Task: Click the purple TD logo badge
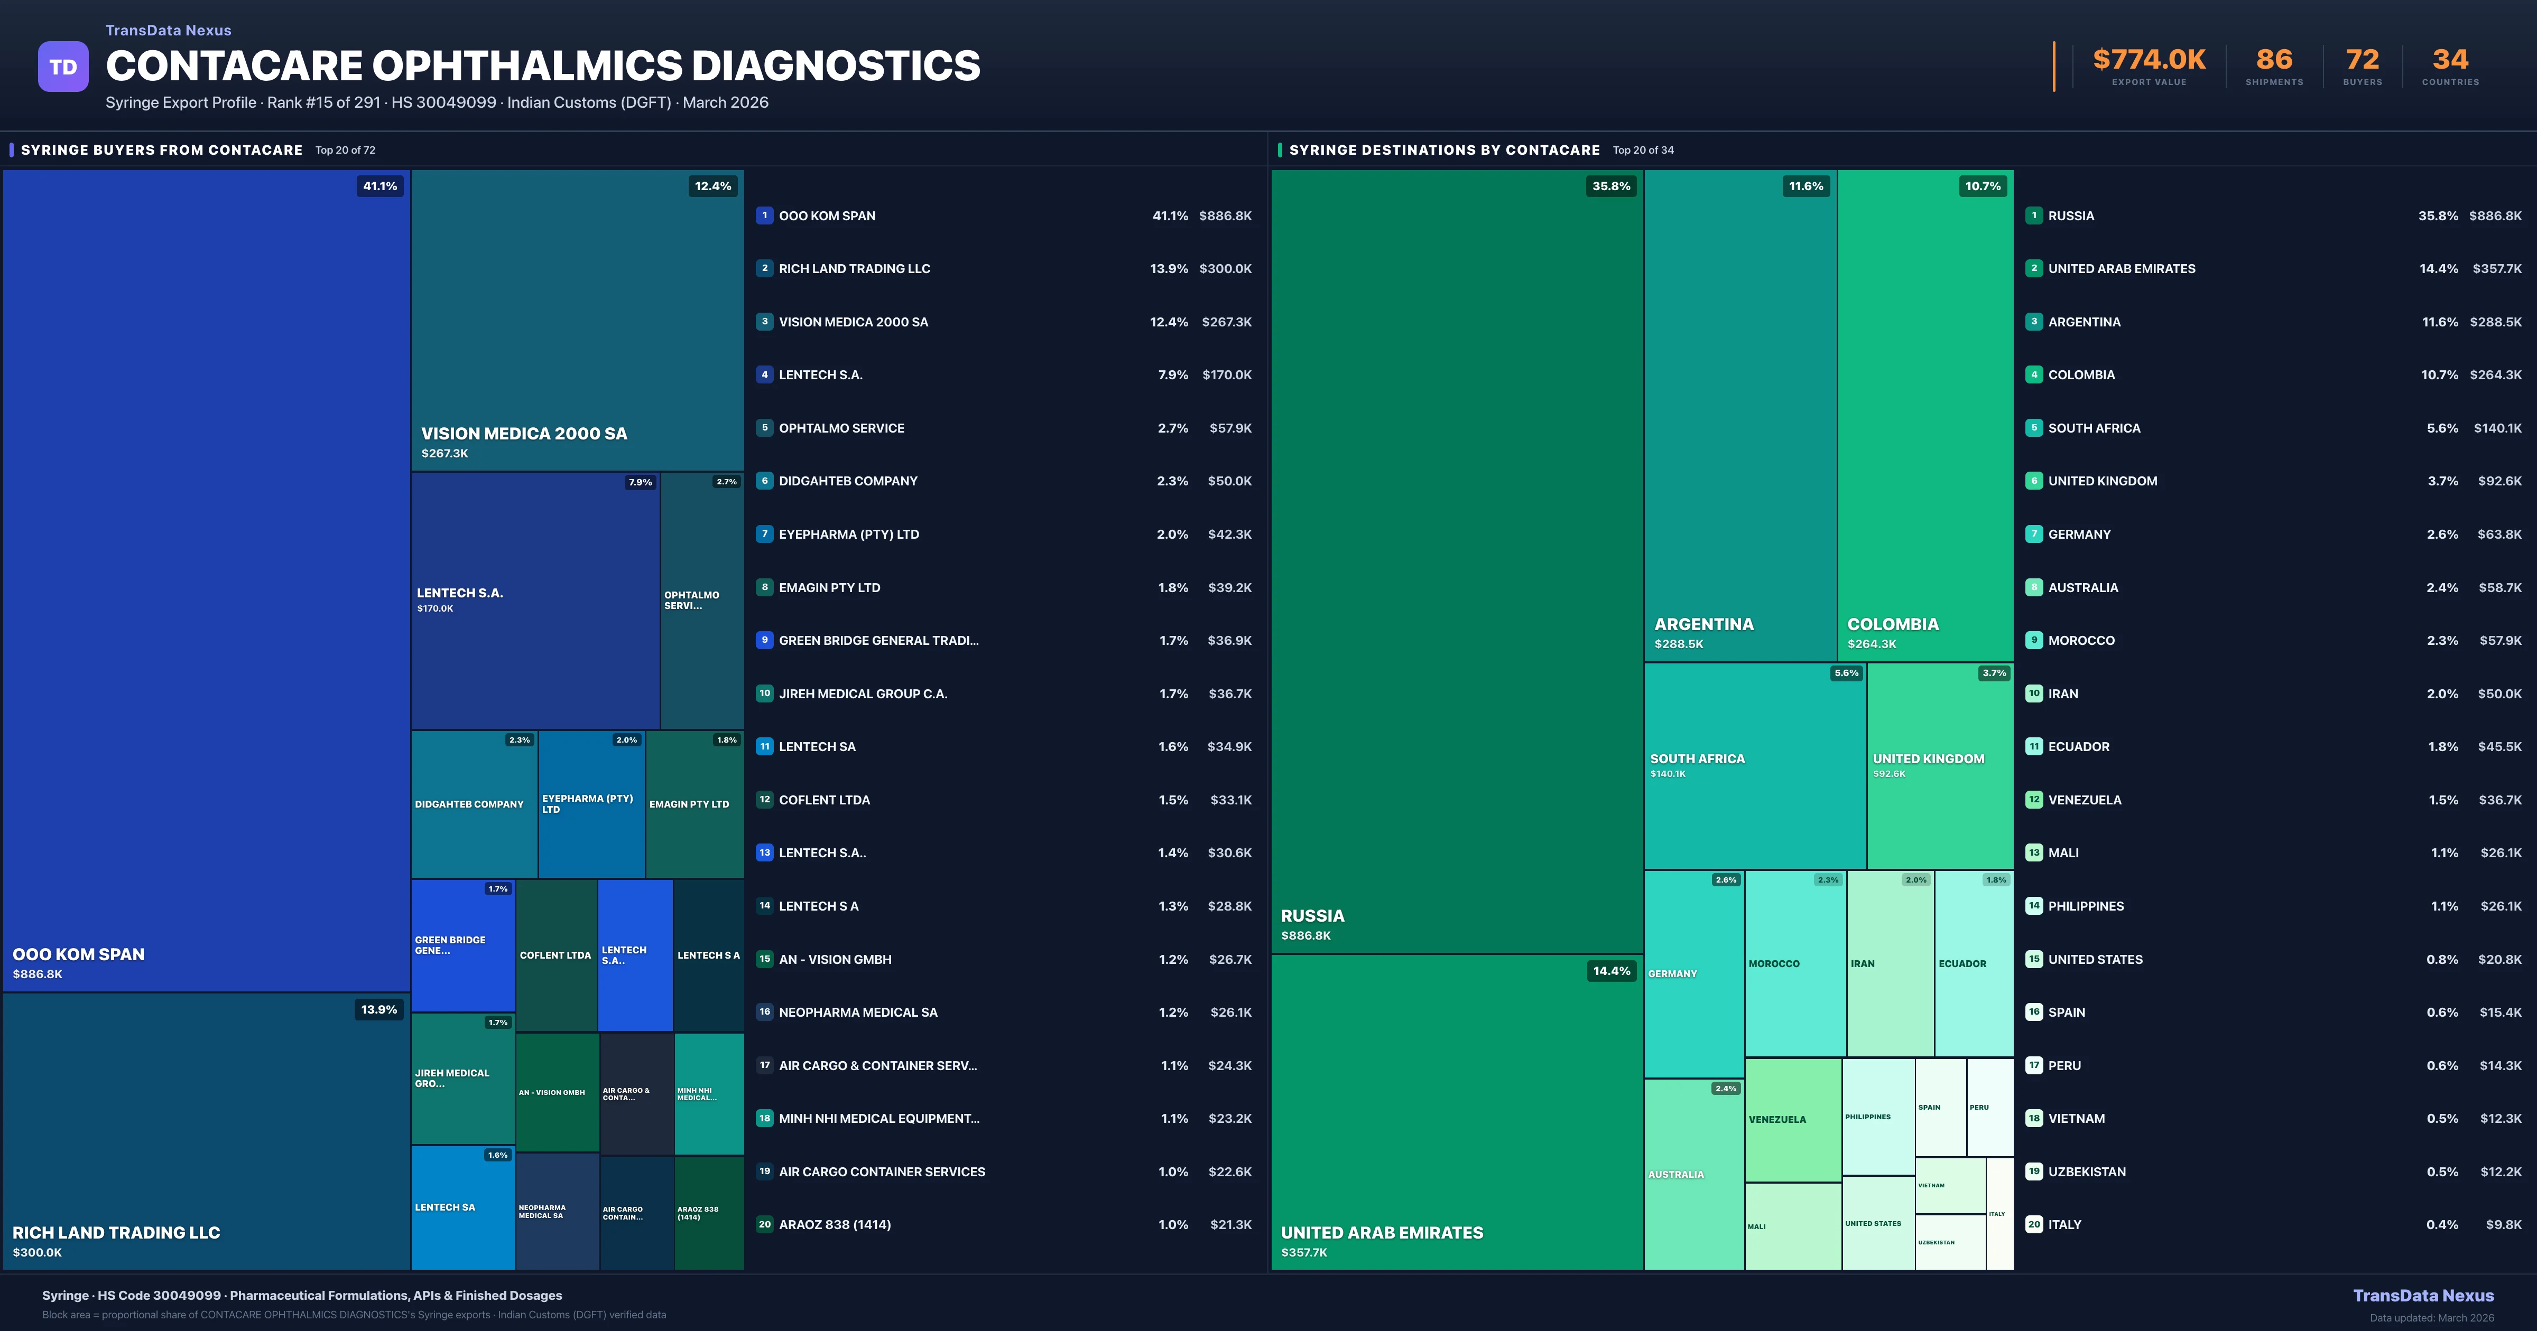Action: click(63, 67)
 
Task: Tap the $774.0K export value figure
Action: click(2149, 60)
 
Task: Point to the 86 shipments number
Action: click(2274, 60)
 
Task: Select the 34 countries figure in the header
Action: click(2450, 60)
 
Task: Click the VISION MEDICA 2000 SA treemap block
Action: click(577, 320)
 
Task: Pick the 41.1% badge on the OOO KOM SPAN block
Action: click(380, 186)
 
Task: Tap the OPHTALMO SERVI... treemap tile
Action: click(701, 601)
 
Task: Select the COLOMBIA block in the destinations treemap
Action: click(1924, 414)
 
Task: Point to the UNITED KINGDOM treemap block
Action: click(1939, 766)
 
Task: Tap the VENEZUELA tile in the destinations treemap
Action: click(1792, 1119)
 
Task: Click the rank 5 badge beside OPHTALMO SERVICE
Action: click(764, 428)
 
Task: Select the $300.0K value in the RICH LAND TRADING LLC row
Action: click(1225, 269)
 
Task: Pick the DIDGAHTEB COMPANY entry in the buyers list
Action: click(848, 481)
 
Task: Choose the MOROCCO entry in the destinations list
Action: click(2081, 641)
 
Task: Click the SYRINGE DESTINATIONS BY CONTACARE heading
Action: click(1444, 149)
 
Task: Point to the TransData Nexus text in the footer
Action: click(2423, 1296)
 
